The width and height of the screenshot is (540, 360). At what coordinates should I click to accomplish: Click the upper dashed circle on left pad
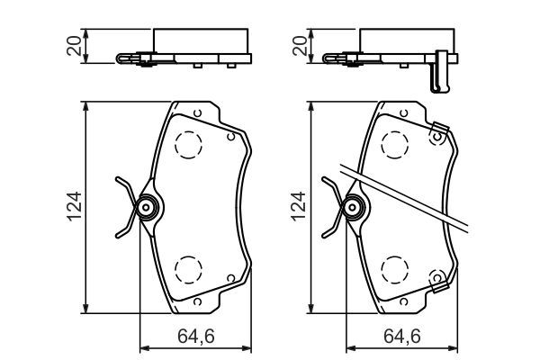tap(188, 144)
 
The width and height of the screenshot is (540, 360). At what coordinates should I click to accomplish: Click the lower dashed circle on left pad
tap(188, 268)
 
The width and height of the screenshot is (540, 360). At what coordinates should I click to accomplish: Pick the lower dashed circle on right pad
tap(394, 268)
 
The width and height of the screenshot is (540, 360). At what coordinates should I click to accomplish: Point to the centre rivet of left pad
tap(145, 209)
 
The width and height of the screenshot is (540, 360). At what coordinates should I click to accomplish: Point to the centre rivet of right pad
tap(352, 209)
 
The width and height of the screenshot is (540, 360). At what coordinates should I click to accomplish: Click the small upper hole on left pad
tap(231, 138)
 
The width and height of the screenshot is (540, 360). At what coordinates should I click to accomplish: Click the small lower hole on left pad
tap(231, 275)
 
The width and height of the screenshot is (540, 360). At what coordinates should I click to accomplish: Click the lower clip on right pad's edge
tap(440, 283)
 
